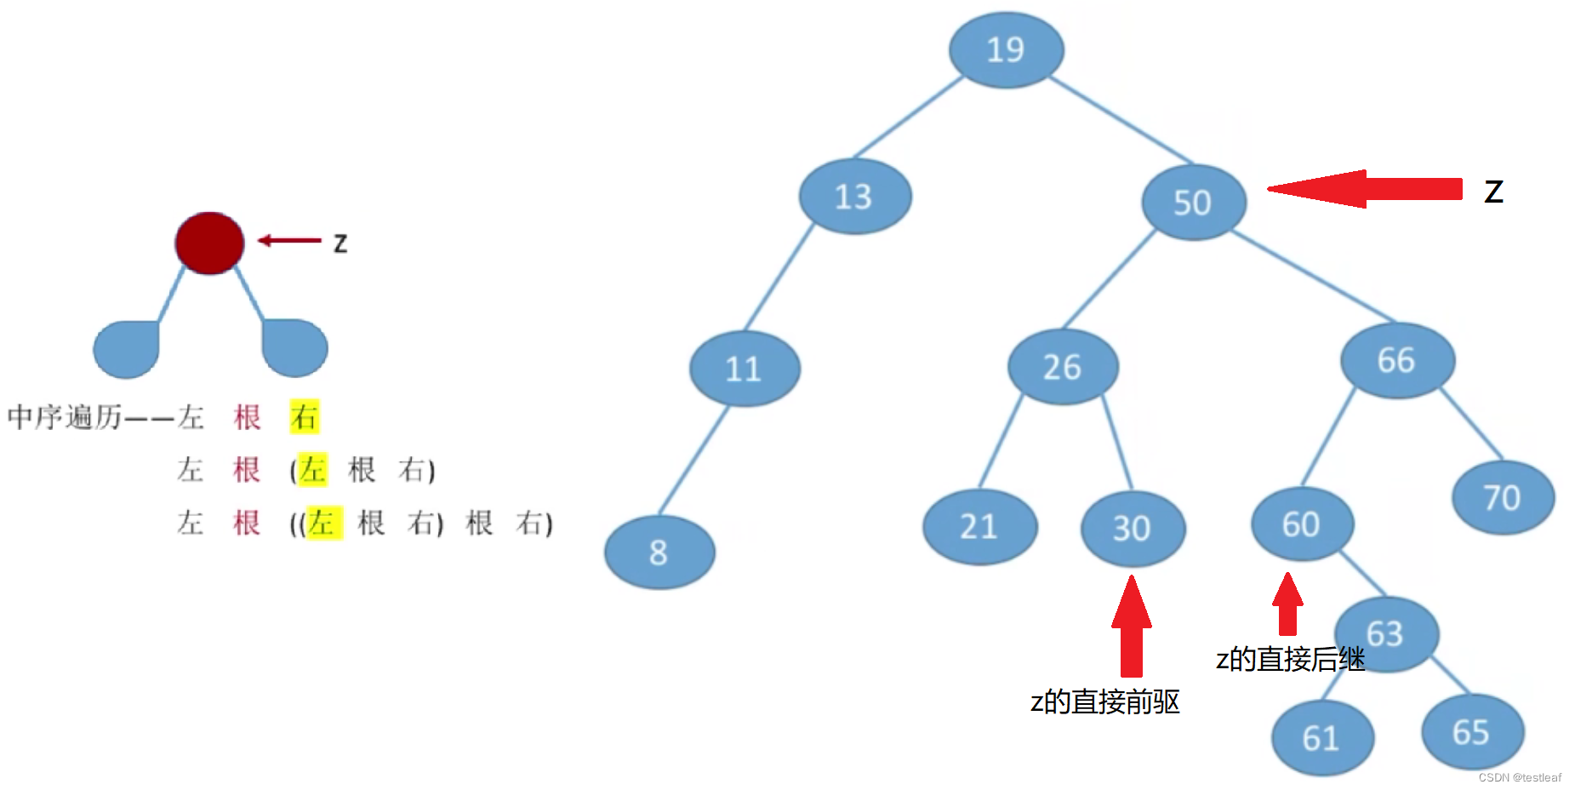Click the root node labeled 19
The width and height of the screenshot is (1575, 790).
1006,50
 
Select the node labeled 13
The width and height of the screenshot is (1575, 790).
854,197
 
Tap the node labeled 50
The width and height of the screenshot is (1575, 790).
1193,203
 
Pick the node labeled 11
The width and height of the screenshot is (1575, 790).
744,369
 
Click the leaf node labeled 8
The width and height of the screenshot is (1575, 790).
659,552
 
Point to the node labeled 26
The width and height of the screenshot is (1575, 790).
1062,367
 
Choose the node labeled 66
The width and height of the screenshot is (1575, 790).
1397,360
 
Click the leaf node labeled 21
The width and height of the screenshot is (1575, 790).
979,527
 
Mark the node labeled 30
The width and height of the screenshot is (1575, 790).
1133,529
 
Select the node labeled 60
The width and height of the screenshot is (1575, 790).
1302,524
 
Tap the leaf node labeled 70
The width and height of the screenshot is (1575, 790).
1503,498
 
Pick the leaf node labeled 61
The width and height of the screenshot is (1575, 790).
1322,738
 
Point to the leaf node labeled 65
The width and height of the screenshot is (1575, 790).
1472,732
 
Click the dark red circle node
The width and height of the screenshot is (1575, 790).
209,243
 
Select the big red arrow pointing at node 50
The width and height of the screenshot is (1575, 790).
1365,189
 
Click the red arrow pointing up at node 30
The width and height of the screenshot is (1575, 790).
1132,627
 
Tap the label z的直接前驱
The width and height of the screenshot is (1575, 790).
1104,702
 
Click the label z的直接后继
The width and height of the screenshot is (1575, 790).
1290,660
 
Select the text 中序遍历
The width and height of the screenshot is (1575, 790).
65,417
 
